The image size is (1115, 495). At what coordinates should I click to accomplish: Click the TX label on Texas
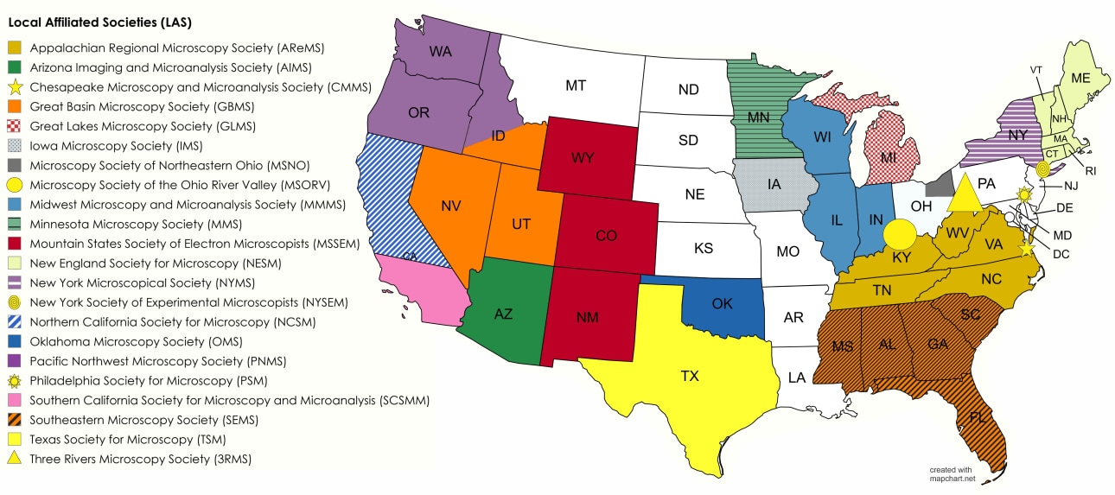click(x=689, y=376)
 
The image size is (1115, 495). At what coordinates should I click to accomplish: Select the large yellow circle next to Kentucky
click(x=900, y=233)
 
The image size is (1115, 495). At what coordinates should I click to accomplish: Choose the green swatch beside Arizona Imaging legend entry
click(x=14, y=67)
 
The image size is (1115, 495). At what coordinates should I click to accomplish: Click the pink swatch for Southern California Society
click(x=14, y=401)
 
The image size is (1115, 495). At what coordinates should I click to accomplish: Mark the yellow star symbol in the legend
click(x=14, y=86)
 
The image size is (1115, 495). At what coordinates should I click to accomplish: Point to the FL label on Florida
click(x=978, y=417)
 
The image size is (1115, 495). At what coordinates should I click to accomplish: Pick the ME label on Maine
click(x=1080, y=77)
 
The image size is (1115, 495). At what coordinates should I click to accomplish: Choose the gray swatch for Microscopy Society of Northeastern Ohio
click(x=14, y=165)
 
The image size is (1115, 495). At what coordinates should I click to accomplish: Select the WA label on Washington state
click(x=440, y=51)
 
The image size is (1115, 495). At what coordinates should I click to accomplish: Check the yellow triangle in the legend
click(x=14, y=459)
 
